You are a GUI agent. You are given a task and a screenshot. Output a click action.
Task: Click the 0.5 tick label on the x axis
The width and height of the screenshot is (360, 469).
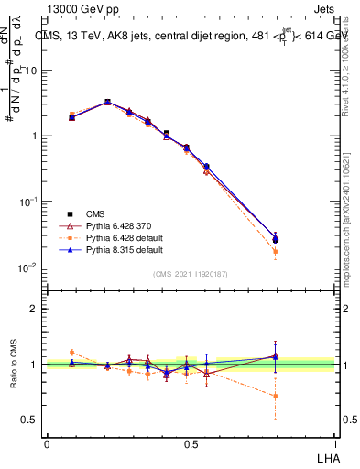click(191, 443)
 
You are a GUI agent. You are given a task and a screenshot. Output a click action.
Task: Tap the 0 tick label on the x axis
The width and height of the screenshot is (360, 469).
click(47, 443)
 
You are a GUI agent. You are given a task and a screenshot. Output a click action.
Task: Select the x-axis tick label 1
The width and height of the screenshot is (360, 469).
click(334, 443)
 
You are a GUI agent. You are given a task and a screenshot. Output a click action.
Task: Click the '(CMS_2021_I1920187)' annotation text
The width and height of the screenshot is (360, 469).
click(191, 273)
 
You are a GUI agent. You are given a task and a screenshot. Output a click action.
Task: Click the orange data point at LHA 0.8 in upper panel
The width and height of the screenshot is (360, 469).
click(276, 251)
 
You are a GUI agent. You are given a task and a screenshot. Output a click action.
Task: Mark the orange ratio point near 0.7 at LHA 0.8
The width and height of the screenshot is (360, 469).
click(276, 396)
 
